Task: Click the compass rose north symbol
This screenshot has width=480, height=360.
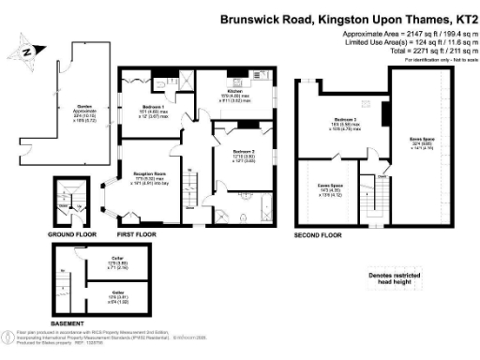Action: click(27, 52)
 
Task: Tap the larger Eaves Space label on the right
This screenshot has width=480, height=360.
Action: click(420, 143)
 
